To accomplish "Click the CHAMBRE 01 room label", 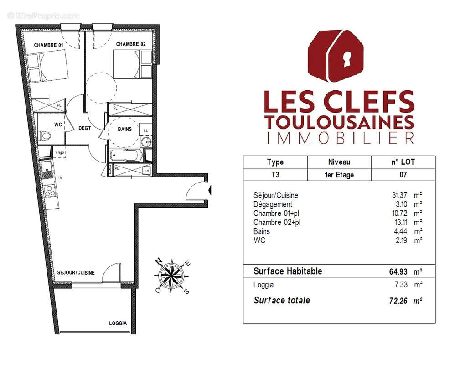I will click(x=48, y=45).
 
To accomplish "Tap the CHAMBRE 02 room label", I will click(x=131, y=44).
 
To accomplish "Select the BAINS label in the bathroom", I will click(x=124, y=129).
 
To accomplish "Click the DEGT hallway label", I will click(x=84, y=128).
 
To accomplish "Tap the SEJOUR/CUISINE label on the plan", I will click(x=76, y=273).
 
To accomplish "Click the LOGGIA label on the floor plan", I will click(x=118, y=323).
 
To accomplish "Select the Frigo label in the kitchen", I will click(x=60, y=152).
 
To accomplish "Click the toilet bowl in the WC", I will click(x=46, y=136).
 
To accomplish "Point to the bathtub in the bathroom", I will click(x=126, y=156).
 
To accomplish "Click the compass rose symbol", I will click(x=173, y=276).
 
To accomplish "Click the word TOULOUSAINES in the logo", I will click(x=339, y=122).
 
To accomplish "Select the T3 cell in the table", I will click(x=275, y=175).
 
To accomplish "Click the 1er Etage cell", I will click(x=339, y=175).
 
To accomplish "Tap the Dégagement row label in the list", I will click(x=273, y=204).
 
